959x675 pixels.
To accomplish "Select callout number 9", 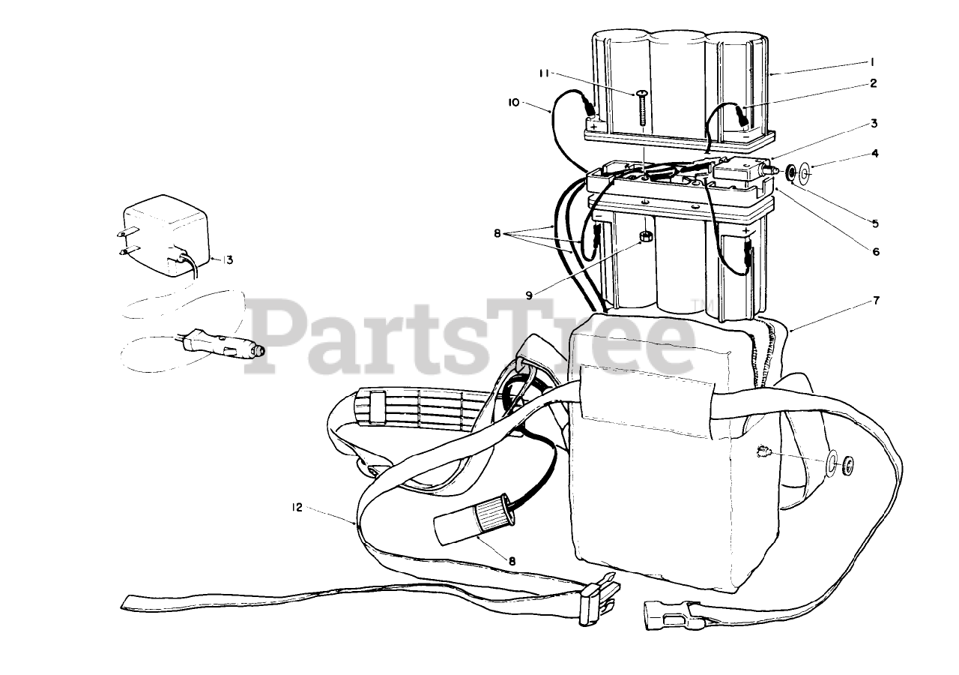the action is click(x=529, y=295).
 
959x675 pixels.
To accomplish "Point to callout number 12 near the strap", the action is click(x=297, y=507).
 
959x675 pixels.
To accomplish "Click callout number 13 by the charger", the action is click(x=228, y=260).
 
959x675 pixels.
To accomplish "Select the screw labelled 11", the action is click(x=643, y=109).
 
